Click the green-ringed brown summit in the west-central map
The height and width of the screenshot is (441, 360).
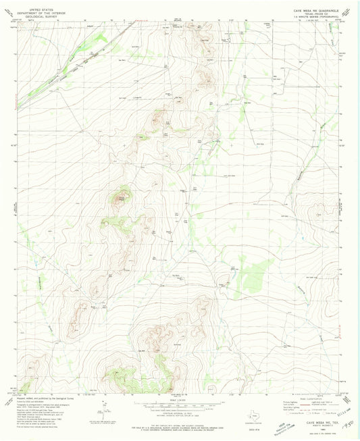[122, 198]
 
